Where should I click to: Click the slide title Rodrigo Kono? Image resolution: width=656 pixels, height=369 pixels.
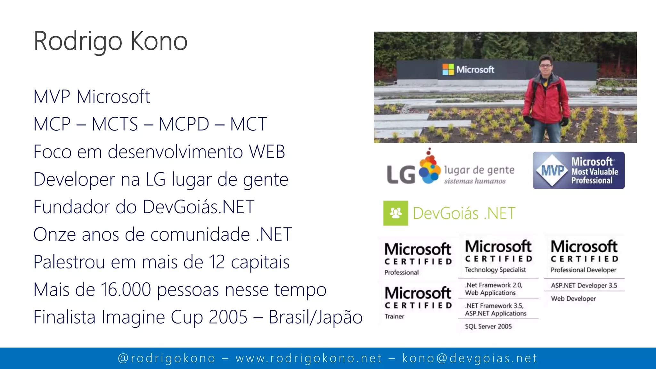pyautogui.click(x=111, y=41)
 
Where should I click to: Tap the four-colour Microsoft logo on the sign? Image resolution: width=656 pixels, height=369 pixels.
pyautogui.click(x=448, y=70)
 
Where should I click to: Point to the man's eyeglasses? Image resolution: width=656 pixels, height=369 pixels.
pyautogui.click(x=545, y=66)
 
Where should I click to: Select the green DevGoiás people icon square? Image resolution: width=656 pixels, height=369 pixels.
pyautogui.click(x=396, y=213)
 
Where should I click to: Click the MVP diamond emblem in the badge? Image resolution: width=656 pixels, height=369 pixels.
pyautogui.click(x=552, y=170)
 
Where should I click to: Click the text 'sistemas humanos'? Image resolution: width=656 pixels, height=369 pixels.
pyautogui.click(x=475, y=181)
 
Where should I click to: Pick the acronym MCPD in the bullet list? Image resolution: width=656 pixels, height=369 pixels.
pyautogui.click(x=184, y=124)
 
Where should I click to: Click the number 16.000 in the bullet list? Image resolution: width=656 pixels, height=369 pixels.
pyautogui.click(x=126, y=290)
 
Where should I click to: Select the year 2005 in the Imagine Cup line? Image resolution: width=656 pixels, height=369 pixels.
pyautogui.click(x=228, y=317)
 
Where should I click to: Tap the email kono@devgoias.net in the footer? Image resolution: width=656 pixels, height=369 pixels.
pyautogui.click(x=470, y=358)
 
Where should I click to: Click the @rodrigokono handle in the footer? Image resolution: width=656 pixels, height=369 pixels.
pyautogui.click(x=167, y=358)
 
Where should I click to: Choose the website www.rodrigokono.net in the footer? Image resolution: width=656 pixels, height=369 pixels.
pyautogui.click(x=309, y=358)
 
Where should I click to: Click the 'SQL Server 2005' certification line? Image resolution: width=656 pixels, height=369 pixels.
pyautogui.click(x=488, y=326)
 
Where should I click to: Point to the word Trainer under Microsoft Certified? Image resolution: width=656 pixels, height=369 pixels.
pyautogui.click(x=394, y=316)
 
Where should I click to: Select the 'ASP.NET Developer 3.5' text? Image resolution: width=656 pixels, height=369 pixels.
pyautogui.click(x=584, y=285)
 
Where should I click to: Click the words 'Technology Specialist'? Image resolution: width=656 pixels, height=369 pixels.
pyautogui.click(x=495, y=270)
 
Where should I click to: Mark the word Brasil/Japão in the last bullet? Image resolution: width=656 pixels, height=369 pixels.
pyautogui.click(x=316, y=317)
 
